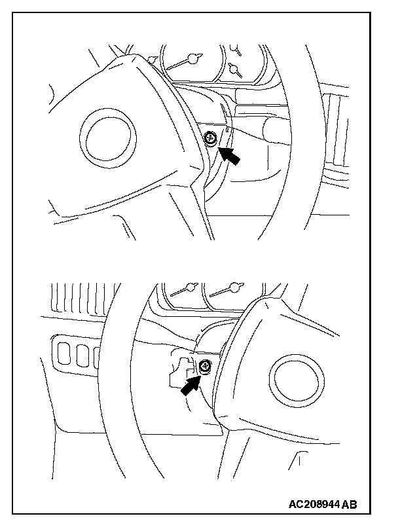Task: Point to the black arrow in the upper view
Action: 228,156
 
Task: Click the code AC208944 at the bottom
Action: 314,505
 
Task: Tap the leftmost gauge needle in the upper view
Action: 153,60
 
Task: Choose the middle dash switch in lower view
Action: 81,354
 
